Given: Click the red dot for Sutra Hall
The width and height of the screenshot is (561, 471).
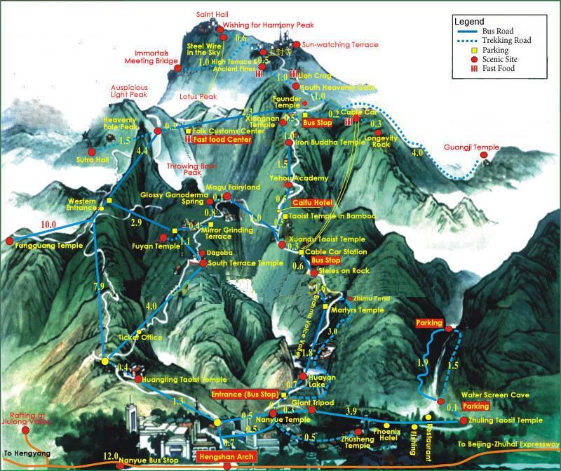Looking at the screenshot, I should [91, 152].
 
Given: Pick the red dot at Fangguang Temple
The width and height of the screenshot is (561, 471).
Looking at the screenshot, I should [10, 241].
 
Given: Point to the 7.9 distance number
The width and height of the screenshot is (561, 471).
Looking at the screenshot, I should [98, 286].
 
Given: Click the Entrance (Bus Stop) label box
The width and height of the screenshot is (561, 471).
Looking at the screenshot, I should [245, 394].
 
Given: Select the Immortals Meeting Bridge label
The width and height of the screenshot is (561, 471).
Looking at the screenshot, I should [157, 57].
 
